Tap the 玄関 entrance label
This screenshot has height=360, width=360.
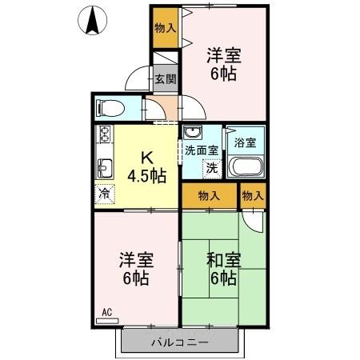pyautogui.click(x=165, y=79)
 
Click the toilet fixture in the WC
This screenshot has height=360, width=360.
pyautogui.click(x=108, y=108)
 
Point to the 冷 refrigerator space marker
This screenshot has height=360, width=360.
pyautogui.click(x=104, y=193)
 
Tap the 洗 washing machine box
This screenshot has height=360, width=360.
pyautogui.click(x=211, y=169)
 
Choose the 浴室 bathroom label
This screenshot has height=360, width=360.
pyautogui.click(x=246, y=144)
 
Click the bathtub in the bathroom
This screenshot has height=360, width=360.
pyautogui.click(x=246, y=166)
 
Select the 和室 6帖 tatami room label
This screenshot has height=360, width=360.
pyautogui.click(x=222, y=269)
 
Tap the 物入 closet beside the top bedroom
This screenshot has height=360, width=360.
pyautogui.click(x=166, y=27)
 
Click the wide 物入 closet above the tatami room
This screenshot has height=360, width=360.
pyautogui.click(x=210, y=195)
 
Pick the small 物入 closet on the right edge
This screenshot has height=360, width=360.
pyautogui.click(x=253, y=195)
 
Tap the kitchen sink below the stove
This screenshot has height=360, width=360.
pyautogui.click(x=105, y=167)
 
